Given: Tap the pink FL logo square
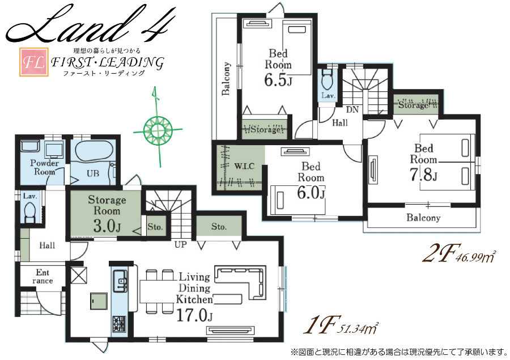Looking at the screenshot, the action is [x=34, y=62].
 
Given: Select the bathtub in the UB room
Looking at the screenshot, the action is [x=93, y=151].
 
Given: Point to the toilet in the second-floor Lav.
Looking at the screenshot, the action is [x=326, y=79].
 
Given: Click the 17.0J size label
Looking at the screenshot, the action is [x=194, y=315].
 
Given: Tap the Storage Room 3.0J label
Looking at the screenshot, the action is [x=107, y=214].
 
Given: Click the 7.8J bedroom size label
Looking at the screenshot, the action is [x=423, y=175].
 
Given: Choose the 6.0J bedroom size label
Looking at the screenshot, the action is [x=311, y=192].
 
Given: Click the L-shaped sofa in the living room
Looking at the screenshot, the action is [x=241, y=282].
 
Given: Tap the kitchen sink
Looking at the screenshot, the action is [x=120, y=281].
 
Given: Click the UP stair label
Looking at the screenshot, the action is [x=181, y=244].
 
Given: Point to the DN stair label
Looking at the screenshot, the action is [x=352, y=109].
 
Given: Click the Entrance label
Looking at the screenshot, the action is [x=42, y=276].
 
